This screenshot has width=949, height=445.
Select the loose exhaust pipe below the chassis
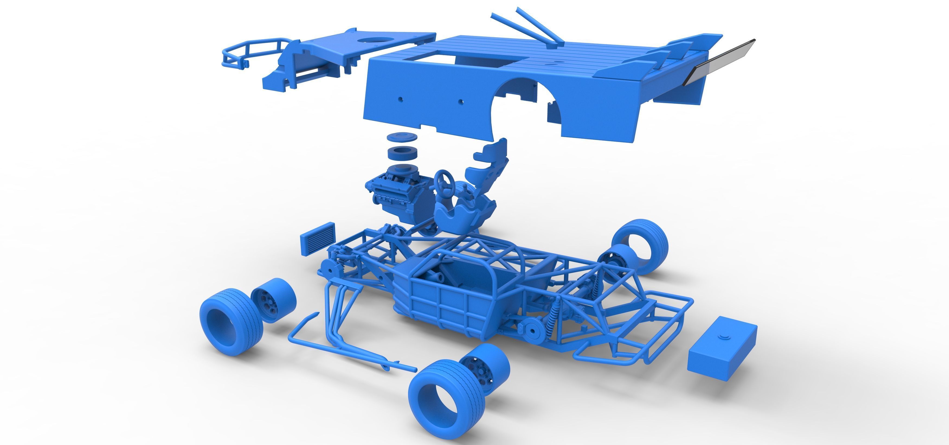tap(350, 350)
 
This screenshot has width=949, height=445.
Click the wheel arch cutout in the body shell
tap(523, 107)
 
